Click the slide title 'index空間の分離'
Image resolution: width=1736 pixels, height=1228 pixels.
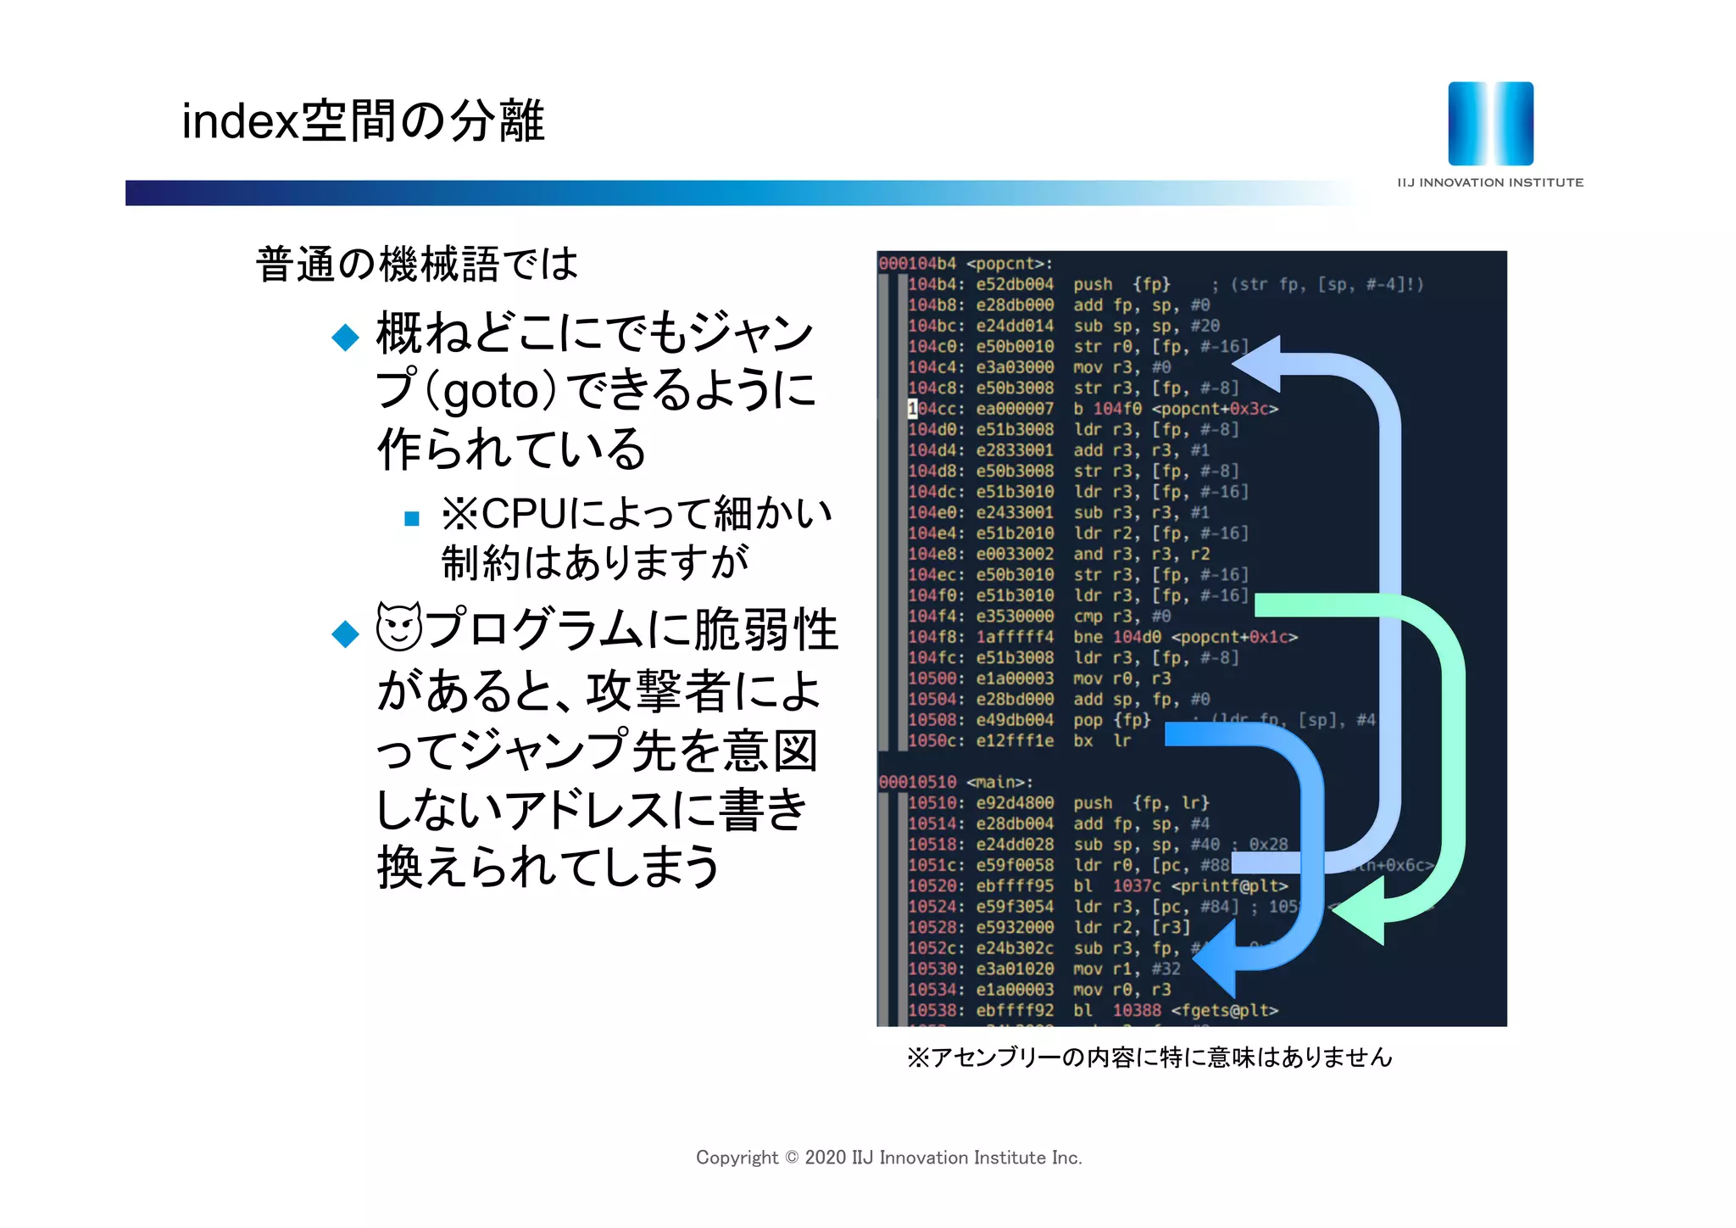pos(363,120)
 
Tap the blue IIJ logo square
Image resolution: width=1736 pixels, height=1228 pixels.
pos(1490,124)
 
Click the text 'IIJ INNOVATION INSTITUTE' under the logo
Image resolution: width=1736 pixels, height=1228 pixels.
pos(1489,182)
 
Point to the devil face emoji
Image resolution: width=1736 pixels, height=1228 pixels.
pos(398,627)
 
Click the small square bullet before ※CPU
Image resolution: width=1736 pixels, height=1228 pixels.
pos(412,518)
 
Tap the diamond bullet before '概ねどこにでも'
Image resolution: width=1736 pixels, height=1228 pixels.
pos(345,337)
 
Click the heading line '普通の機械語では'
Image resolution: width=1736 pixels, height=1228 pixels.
pos(416,264)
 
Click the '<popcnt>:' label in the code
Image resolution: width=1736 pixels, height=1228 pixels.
pos(1009,264)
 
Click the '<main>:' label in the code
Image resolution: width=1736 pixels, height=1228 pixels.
pos(999,782)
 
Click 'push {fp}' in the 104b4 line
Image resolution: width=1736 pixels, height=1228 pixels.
pos(1121,284)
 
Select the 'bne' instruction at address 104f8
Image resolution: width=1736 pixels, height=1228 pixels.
pos(1088,637)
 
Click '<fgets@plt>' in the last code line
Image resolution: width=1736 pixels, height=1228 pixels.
pos(1224,1010)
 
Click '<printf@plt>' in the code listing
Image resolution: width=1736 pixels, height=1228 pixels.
pos(1229,885)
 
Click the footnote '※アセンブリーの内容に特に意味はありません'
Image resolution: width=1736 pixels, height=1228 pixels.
pos(1149,1057)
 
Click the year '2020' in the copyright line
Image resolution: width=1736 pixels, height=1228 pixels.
pos(826,1158)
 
